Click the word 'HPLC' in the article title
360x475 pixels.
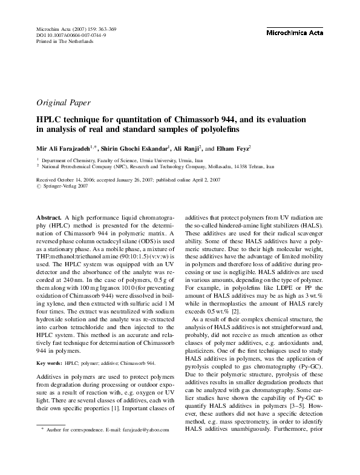pos(52,119)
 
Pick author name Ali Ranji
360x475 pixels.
pos(194,148)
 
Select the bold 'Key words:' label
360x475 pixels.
pos(49,363)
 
